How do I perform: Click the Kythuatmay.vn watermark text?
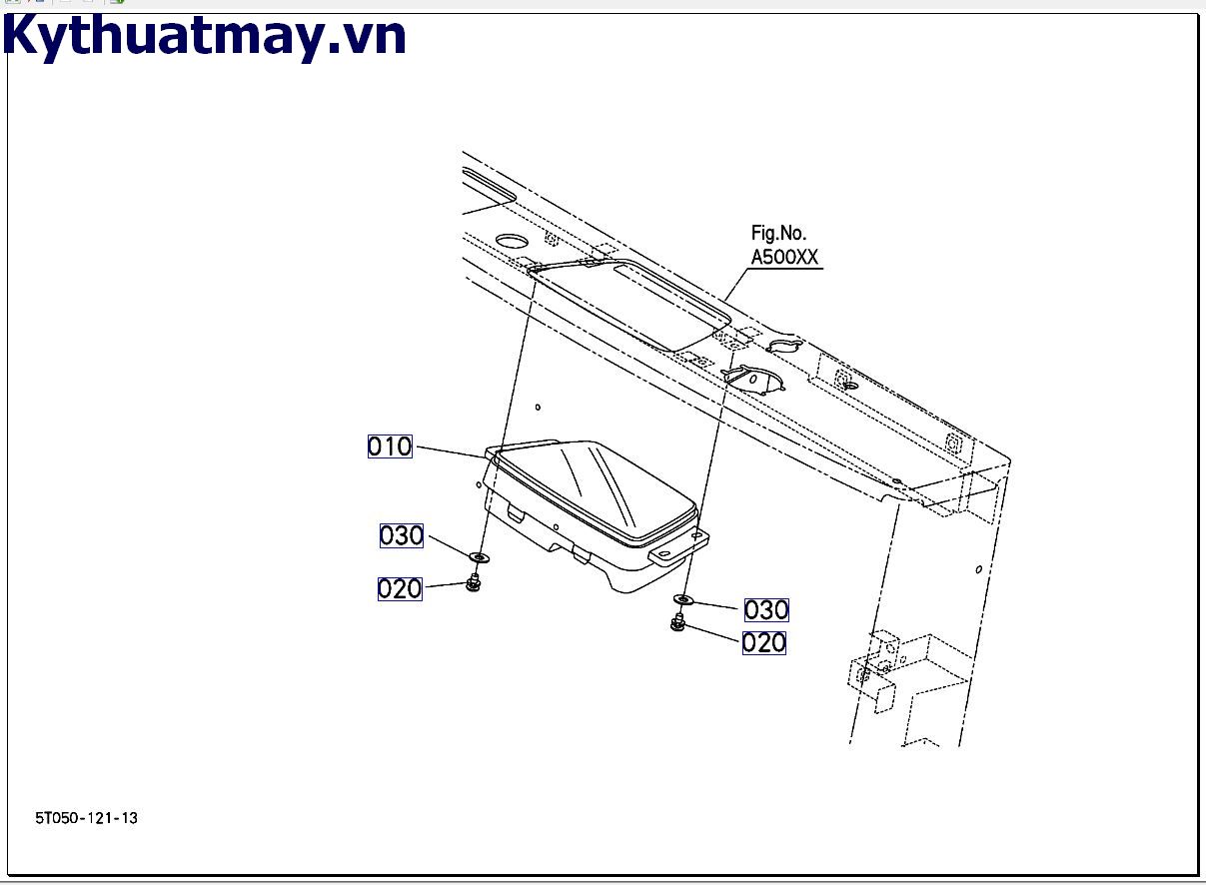(x=205, y=37)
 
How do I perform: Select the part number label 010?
(x=390, y=446)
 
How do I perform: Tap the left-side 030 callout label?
(x=402, y=535)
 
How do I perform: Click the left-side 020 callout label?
(x=400, y=588)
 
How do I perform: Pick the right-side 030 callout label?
(x=766, y=609)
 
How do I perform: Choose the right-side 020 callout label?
(x=764, y=642)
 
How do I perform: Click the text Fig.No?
(x=779, y=234)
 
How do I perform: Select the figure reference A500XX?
(x=784, y=258)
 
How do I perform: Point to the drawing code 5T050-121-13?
(x=87, y=818)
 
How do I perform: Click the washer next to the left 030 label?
(x=481, y=555)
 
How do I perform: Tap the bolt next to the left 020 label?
(x=474, y=583)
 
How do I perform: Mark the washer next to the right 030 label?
(x=683, y=599)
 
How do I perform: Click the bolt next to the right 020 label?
(x=677, y=625)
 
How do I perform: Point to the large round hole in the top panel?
(x=511, y=241)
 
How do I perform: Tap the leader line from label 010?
(x=450, y=451)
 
